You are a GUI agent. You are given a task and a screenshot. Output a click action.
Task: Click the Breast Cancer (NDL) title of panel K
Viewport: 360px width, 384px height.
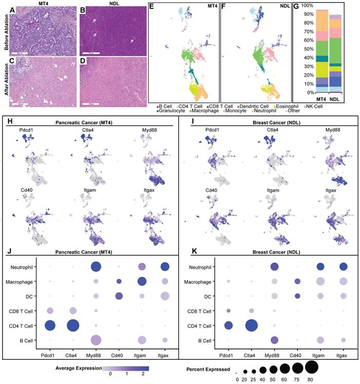[270, 254]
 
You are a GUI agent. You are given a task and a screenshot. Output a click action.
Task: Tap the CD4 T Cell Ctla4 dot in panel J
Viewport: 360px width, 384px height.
[73, 325]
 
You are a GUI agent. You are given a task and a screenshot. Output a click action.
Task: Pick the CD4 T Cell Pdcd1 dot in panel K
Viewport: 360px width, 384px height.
[229, 325]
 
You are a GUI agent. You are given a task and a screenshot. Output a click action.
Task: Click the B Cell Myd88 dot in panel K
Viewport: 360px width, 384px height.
[275, 340]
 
